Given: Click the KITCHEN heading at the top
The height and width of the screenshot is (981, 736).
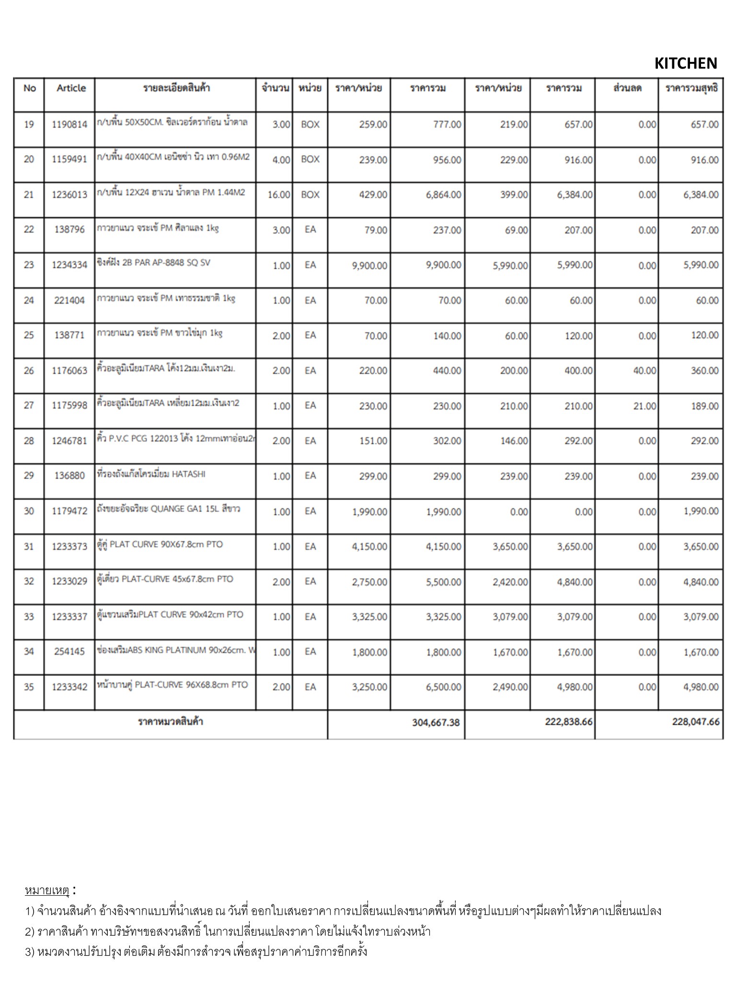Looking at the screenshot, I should click(685, 63).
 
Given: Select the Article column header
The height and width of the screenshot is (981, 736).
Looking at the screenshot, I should click(71, 88).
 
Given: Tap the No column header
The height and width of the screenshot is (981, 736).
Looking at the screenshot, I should click(29, 88).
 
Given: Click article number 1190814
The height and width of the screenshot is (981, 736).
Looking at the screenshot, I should click(69, 125).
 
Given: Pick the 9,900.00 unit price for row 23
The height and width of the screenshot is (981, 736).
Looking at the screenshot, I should click(369, 265).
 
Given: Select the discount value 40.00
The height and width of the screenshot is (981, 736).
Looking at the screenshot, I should click(644, 371).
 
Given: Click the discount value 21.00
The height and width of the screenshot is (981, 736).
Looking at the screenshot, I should click(644, 406).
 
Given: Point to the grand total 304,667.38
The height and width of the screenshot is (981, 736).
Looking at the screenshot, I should click(436, 722).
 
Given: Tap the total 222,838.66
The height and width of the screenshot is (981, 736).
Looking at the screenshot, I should click(569, 722).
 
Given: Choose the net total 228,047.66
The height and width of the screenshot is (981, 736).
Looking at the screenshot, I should click(696, 722).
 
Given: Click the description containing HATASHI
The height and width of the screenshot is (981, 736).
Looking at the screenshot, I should click(151, 474).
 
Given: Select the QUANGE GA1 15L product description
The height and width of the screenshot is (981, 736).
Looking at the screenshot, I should click(168, 509).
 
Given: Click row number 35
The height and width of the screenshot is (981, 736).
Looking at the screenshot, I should click(29, 687).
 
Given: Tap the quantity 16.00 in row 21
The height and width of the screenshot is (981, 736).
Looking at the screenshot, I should click(279, 195).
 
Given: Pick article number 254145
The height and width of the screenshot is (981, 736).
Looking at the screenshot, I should click(69, 651).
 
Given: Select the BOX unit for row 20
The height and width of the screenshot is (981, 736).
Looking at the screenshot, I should click(310, 160).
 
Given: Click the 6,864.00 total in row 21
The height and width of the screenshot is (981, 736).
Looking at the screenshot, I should click(443, 195).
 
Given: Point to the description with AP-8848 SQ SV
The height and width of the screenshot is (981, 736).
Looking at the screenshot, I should click(153, 263).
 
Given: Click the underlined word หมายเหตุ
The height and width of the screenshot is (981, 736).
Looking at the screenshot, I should click(47, 891).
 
